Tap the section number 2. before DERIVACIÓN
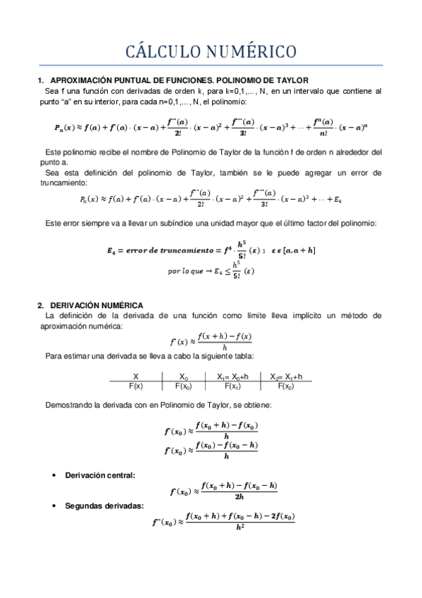[41, 305]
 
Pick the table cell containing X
[136, 377]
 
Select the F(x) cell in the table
[136, 386]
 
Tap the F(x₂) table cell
[285, 386]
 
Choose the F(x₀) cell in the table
[184, 386]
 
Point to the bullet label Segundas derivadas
[104, 505]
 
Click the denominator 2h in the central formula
[240, 496]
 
